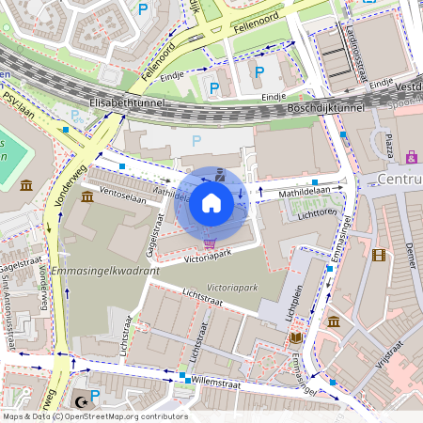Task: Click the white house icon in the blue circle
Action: coord(211,202)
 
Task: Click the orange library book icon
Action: coord(295,337)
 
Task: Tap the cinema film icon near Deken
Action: coord(378,255)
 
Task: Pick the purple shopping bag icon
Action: coord(412,157)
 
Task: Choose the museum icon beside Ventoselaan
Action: coord(87,196)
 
